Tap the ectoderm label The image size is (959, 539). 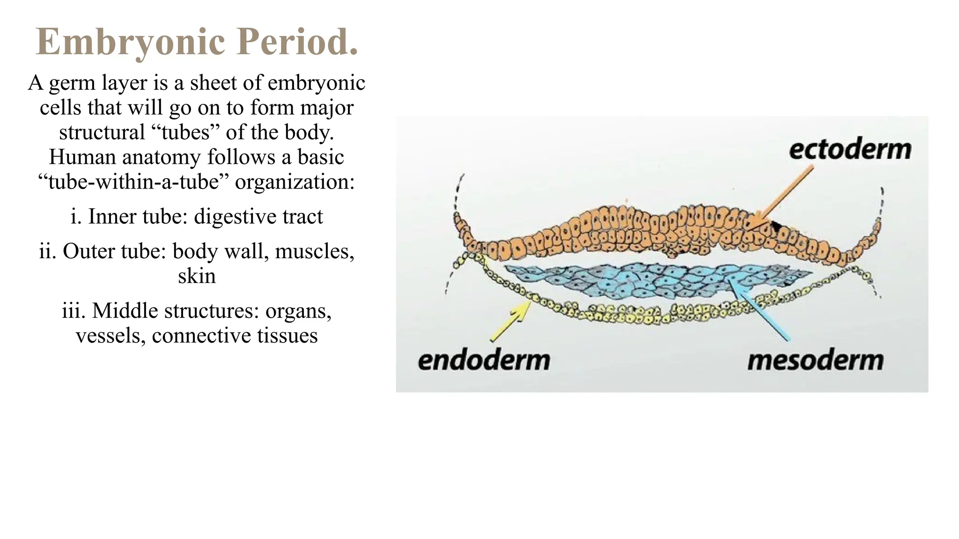tap(850, 150)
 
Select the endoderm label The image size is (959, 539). tap(484, 361)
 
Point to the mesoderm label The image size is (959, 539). tap(815, 361)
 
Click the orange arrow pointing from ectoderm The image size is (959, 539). tap(783, 196)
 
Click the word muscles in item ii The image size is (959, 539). tap(314, 251)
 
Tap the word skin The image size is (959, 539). tap(197, 276)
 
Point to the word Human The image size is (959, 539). tap(82, 157)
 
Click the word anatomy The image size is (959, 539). tap(161, 157)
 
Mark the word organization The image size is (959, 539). tap(295, 182)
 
